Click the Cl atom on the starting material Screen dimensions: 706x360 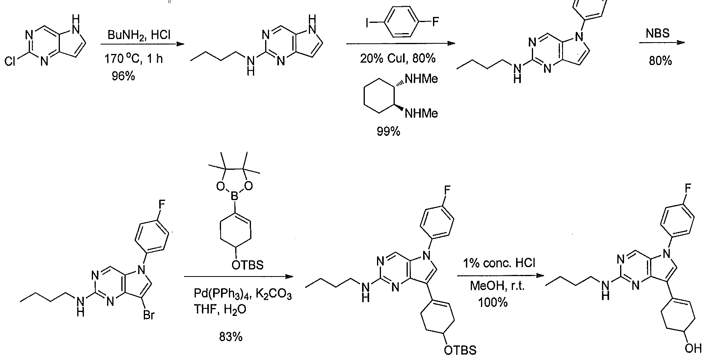pos(11,62)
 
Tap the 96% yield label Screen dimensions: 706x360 pos(123,76)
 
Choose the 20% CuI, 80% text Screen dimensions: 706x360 pos(398,59)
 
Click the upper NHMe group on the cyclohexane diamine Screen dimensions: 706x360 pos(422,80)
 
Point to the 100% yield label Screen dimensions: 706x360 pos(493,302)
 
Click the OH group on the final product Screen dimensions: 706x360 pos(694,348)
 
